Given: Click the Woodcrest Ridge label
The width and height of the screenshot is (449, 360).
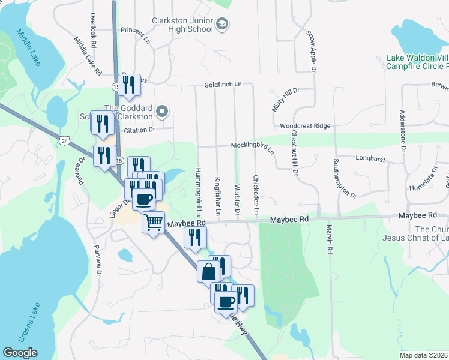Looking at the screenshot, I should click(305, 126).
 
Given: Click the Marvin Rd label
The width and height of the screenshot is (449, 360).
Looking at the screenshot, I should click(330, 239).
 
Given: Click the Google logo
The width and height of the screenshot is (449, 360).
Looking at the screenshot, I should click(20, 353).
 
